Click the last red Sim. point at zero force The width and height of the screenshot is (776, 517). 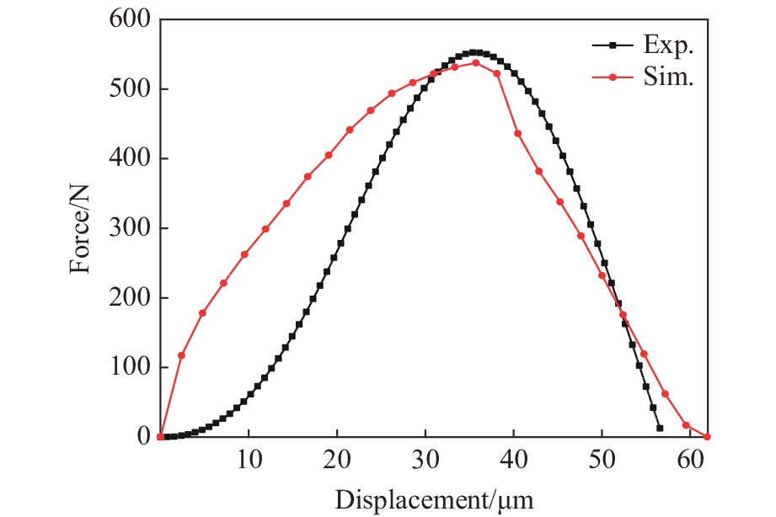pyautogui.click(x=707, y=437)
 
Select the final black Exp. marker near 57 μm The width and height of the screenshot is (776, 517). pyautogui.click(x=660, y=428)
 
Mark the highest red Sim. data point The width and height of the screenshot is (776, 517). pyautogui.click(x=475, y=62)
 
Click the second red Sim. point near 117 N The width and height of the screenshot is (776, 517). pyautogui.click(x=181, y=355)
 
